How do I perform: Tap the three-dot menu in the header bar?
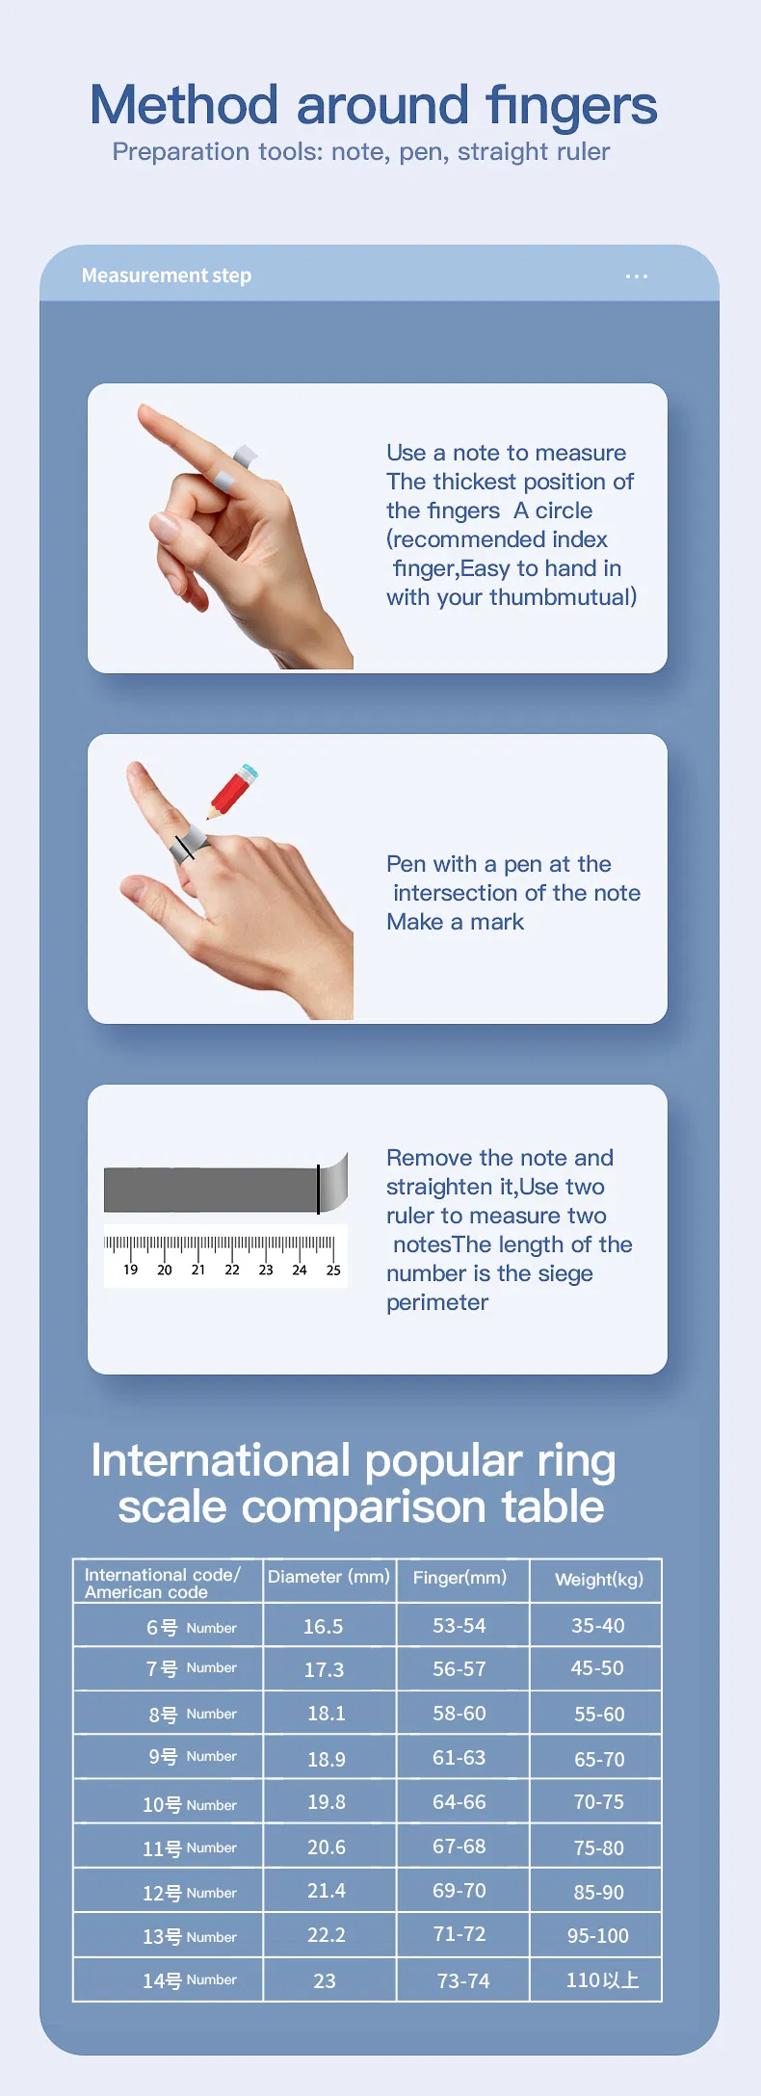(x=636, y=276)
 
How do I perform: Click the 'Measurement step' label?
(x=167, y=275)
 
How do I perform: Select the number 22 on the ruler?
(x=232, y=1270)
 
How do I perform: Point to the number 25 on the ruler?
(x=333, y=1270)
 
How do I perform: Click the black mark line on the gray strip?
(x=318, y=1189)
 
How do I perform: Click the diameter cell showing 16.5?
(x=324, y=1626)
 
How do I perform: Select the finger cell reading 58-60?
(x=459, y=1713)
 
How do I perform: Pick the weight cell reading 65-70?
(x=599, y=1759)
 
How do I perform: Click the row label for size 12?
(x=190, y=1893)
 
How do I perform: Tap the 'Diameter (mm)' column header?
(x=328, y=1577)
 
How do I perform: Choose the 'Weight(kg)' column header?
(x=599, y=1579)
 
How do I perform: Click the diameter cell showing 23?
(x=325, y=1980)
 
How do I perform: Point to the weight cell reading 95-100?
(x=598, y=1935)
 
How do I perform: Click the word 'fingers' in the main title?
(x=571, y=107)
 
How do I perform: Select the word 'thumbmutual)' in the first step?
(x=564, y=597)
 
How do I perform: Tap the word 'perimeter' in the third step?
(x=437, y=1302)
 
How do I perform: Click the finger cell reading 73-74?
(x=463, y=1980)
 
